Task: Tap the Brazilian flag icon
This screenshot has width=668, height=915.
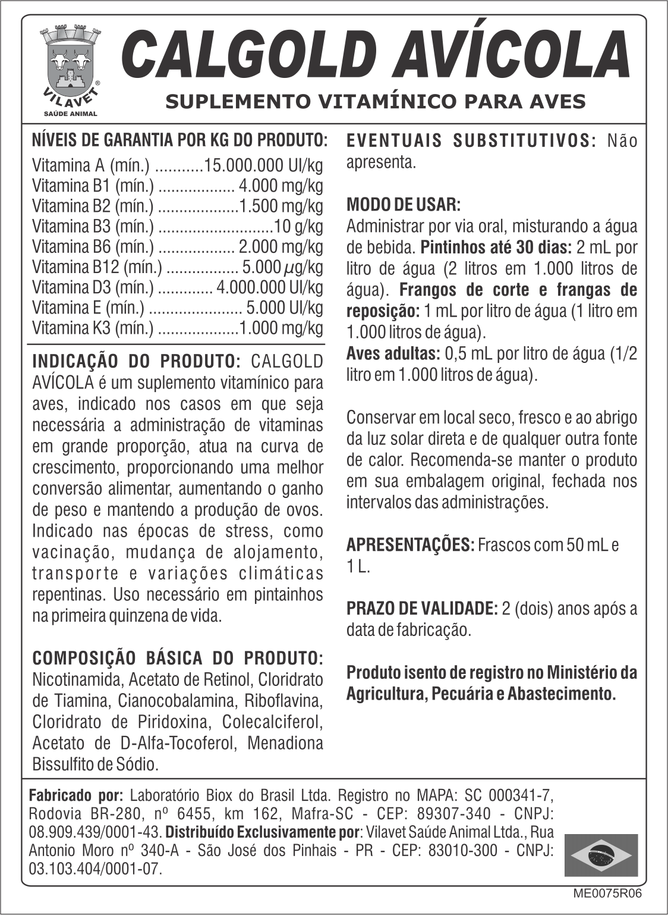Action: (601, 855)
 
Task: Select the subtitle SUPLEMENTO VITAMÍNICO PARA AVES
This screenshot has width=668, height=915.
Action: (375, 101)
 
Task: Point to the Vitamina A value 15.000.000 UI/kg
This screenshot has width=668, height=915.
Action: (264, 165)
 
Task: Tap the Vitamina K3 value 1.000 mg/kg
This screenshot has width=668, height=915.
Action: (281, 328)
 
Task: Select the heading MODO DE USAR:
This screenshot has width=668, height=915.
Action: (403, 205)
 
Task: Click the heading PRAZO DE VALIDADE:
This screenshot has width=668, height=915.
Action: (422, 608)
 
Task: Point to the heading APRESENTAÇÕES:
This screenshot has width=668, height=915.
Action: (410, 544)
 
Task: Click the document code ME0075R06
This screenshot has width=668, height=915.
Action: (607, 893)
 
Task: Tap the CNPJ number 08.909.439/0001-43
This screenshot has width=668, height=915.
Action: (95, 832)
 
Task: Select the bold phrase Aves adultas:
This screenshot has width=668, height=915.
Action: (393, 353)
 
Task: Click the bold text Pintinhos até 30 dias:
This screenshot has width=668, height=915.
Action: (496, 247)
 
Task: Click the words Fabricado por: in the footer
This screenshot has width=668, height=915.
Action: (76, 795)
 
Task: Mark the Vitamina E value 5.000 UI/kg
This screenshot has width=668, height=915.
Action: (285, 308)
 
